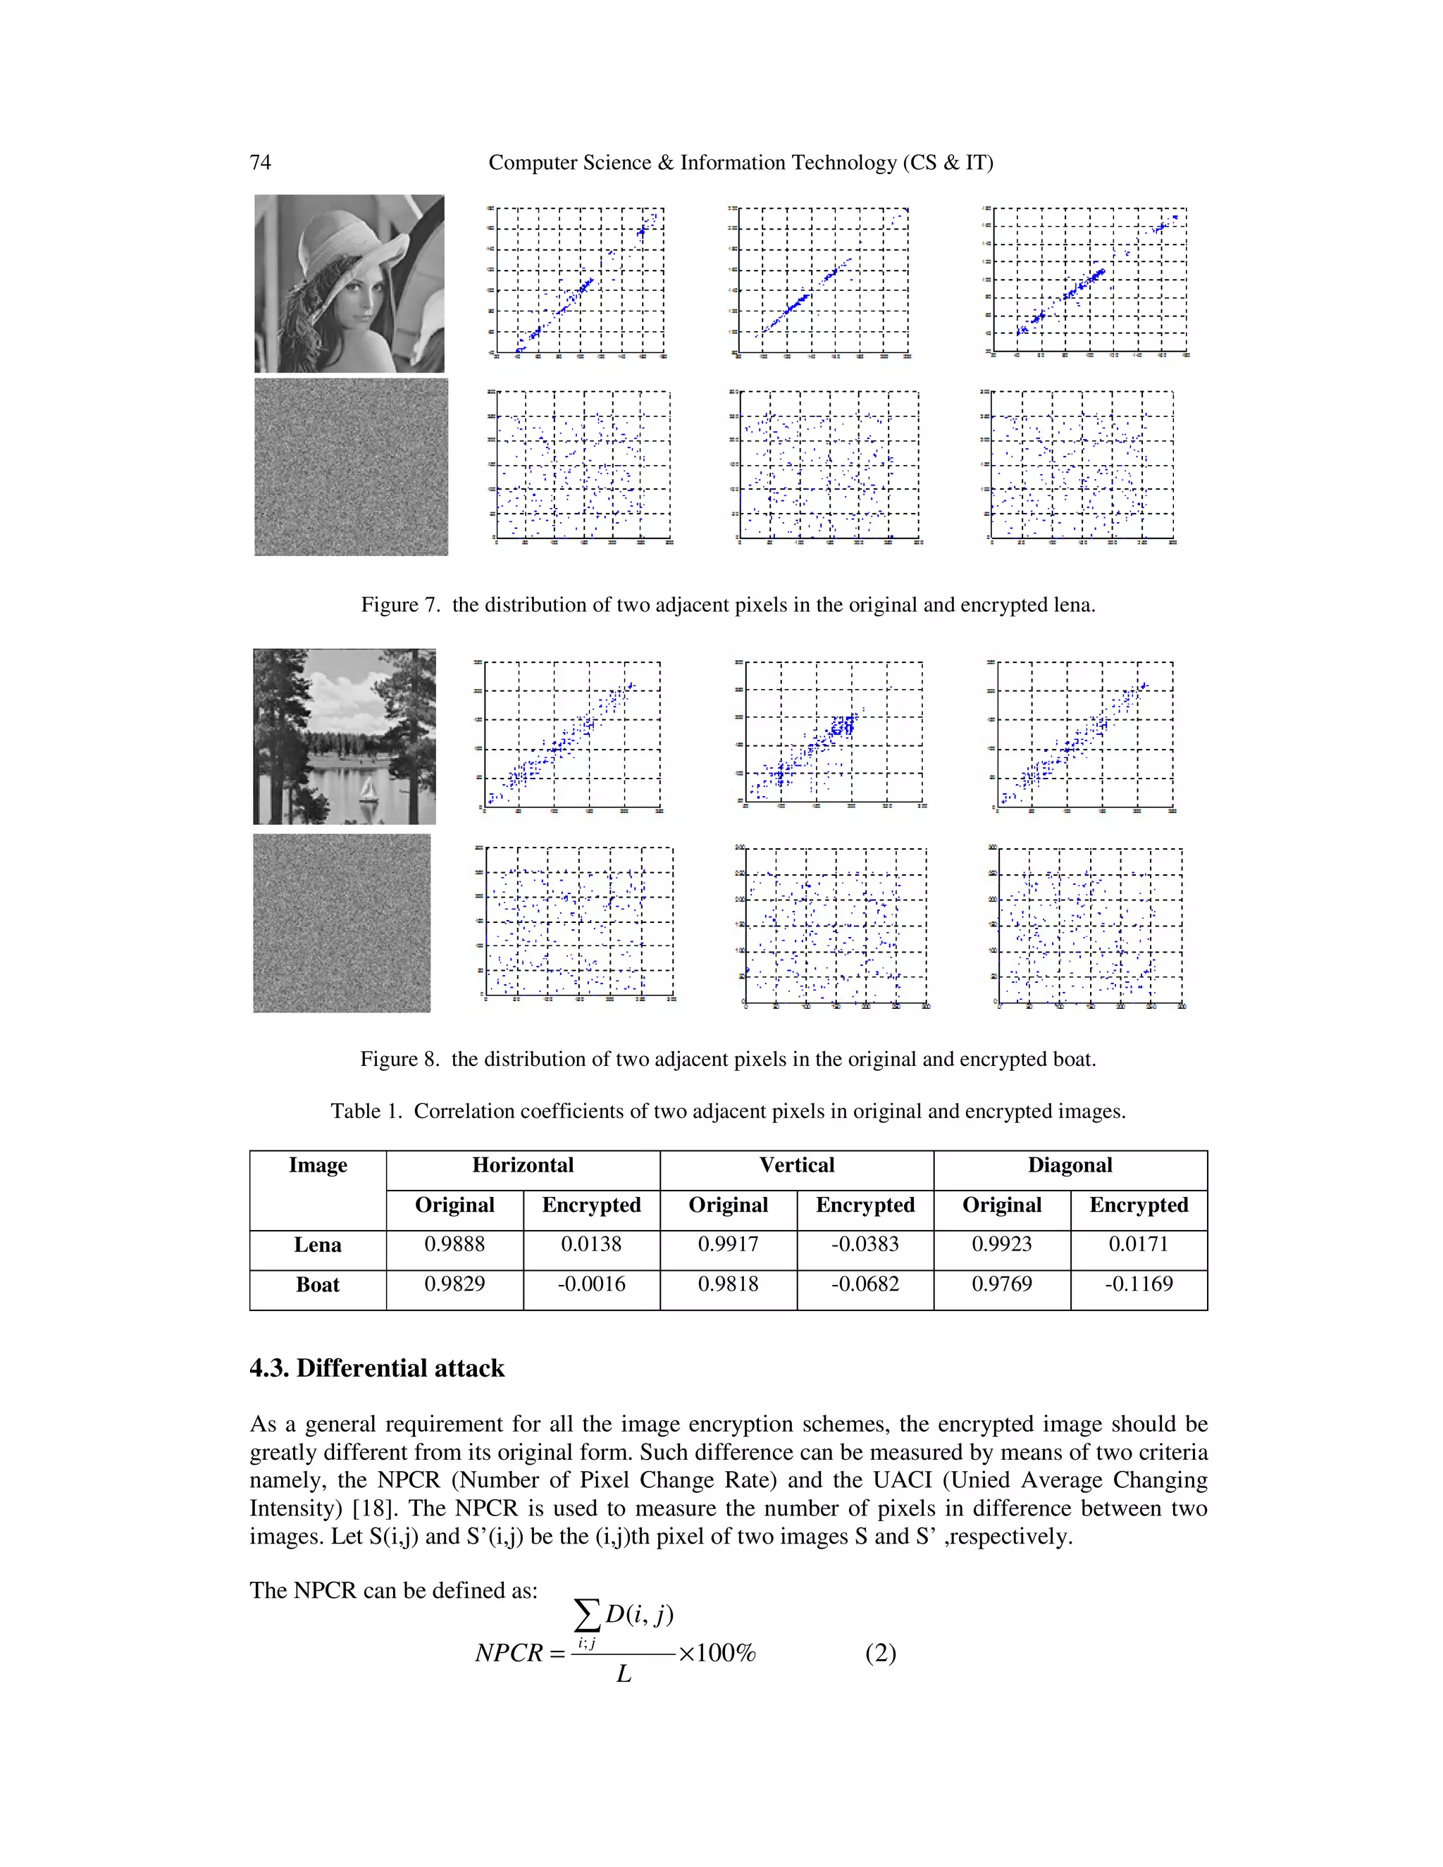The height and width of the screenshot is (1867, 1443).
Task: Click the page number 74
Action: click(x=260, y=163)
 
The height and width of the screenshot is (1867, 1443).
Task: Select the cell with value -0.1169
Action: click(x=1138, y=1284)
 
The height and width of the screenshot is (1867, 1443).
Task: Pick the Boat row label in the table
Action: click(x=317, y=1285)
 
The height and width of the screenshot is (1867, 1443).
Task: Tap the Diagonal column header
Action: click(x=1070, y=1165)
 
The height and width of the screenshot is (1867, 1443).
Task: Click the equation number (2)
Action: click(x=881, y=1654)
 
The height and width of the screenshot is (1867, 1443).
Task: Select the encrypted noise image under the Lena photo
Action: click(x=350, y=468)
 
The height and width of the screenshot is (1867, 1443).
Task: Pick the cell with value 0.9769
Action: click(x=1001, y=1284)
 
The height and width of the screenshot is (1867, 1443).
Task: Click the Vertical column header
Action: click(x=796, y=1165)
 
